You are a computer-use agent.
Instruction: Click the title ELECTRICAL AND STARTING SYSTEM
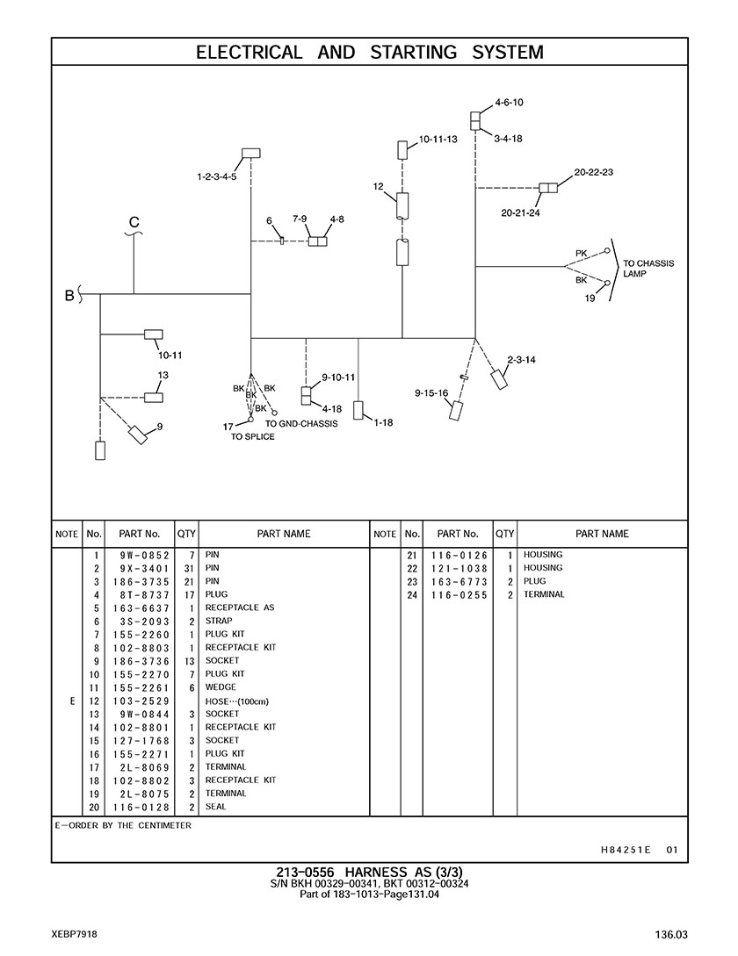click(369, 52)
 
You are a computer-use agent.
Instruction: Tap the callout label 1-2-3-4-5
click(216, 176)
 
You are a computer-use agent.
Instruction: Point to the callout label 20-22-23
click(594, 172)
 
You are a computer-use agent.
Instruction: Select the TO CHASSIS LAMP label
click(648, 269)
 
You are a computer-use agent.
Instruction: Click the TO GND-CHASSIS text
click(301, 423)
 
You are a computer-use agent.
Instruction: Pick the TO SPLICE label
click(252, 436)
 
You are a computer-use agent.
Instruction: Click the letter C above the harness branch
click(134, 223)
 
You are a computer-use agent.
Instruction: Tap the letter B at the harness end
click(69, 296)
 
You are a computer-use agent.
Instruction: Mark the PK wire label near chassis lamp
click(581, 254)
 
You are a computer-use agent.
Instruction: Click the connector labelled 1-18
click(358, 410)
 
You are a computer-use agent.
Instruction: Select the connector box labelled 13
click(154, 397)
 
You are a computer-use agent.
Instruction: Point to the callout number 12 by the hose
click(378, 186)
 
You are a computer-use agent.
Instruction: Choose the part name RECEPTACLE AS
click(240, 607)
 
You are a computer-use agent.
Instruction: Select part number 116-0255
click(458, 594)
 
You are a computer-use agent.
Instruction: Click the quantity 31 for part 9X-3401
click(187, 568)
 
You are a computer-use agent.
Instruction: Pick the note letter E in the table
click(67, 701)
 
